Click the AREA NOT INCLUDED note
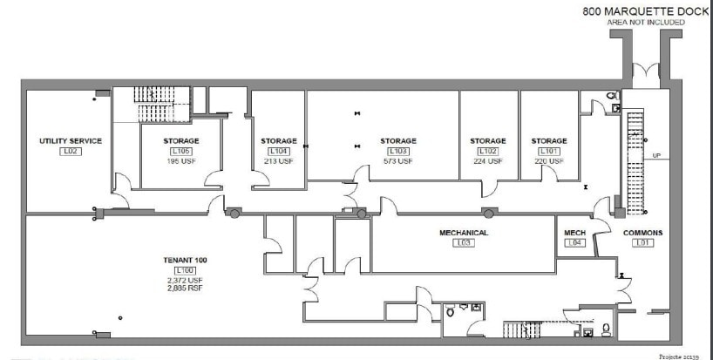click(x=646, y=22)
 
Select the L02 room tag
click(x=71, y=152)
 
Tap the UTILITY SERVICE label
click(x=71, y=141)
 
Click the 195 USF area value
click(x=180, y=161)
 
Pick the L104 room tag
click(x=278, y=152)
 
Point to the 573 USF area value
click(x=397, y=161)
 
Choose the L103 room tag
click(x=397, y=152)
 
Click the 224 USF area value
click(x=488, y=161)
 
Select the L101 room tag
click(x=549, y=152)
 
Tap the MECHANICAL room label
click(x=463, y=233)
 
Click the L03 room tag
click(x=463, y=243)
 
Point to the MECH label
click(x=574, y=233)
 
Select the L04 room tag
click(x=574, y=243)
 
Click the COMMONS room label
click(x=643, y=233)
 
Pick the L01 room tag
click(x=643, y=243)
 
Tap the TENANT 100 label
click(x=184, y=261)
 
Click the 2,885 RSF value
click(x=184, y=287)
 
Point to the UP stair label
click(x=657, y=156)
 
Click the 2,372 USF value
click(x=184, y=280)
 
